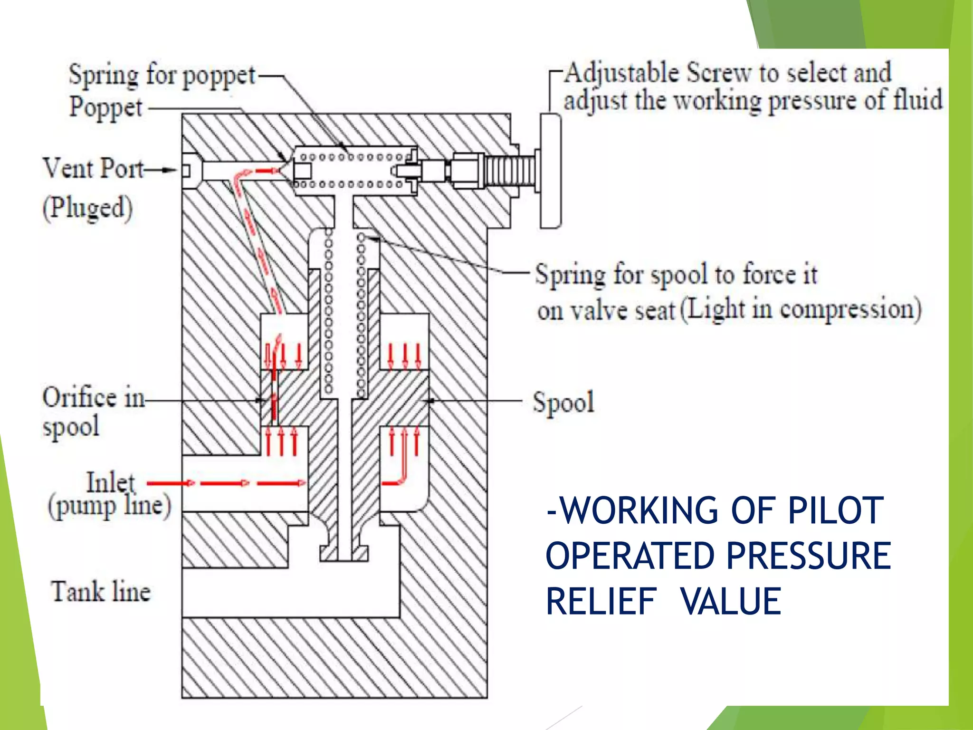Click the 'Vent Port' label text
tap(93, 168)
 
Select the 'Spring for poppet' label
tap(162, 76)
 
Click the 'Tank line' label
tap(101, 592)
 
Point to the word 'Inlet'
tap(110, 482)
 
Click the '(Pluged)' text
tap(87, 208)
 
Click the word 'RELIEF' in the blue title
tap(601, 602)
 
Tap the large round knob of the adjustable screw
tap(551, 171)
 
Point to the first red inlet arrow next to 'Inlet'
tap(171, 483)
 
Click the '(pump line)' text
tap(109, 507)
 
